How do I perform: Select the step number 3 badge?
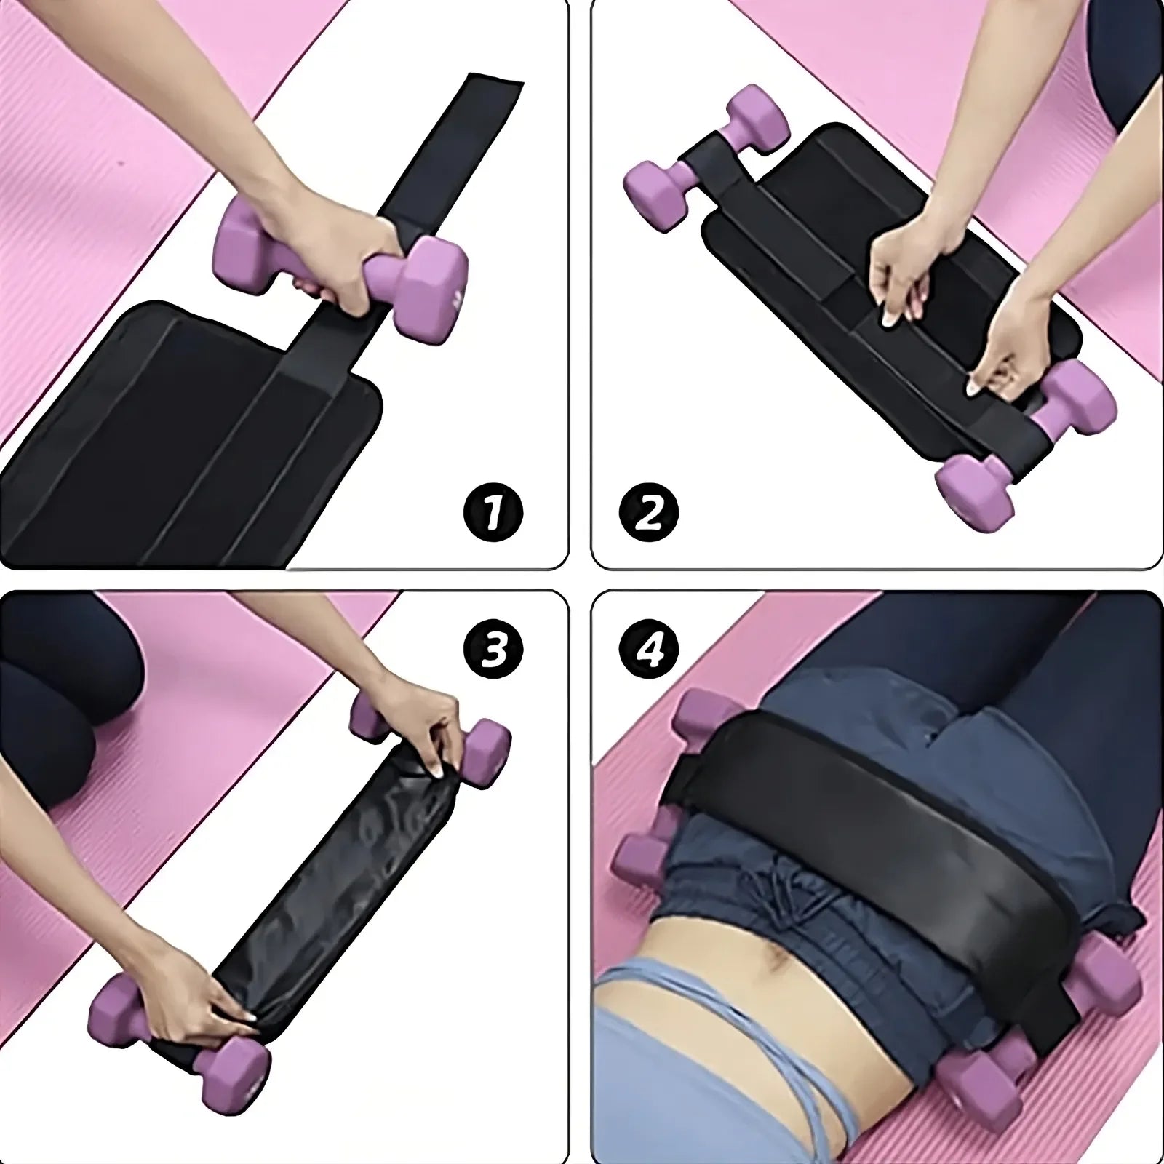pyautogui.click(x=493, y=650)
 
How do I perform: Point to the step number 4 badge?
pyautogui.click(x=649, y=650)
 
